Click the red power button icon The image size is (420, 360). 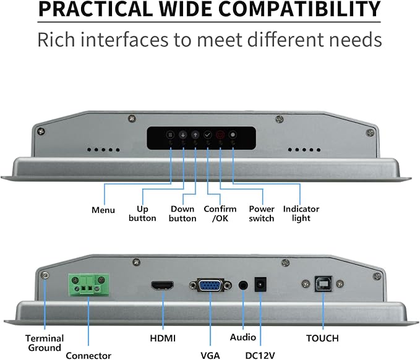[x=220, y=134]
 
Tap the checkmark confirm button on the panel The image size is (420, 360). [x=208, y=134]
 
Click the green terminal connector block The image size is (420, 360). [x=88, y=285]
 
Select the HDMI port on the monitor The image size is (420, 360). [x=162, y=286]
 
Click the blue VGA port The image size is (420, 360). [x=210, y=286]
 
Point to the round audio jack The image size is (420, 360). [x=243, y=285]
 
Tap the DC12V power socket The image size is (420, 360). [x=260, y=285]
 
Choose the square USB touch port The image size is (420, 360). [x=323, y=284]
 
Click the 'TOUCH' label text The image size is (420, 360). [x=322, y=338]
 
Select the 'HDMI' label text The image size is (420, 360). [x=163, y=338]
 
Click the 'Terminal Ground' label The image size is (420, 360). [x=45, y=343]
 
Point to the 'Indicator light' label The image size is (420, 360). [x=301, y=213]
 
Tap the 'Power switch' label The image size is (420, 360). [x=262, y=213]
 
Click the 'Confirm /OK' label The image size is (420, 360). [x=220, y=213]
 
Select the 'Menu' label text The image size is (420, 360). [x=103, y=210]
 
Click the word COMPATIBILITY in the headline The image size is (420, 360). [x=299, y=9]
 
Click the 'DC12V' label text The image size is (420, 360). [x=260, y=356]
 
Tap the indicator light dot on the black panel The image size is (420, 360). [x=233, y=134]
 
